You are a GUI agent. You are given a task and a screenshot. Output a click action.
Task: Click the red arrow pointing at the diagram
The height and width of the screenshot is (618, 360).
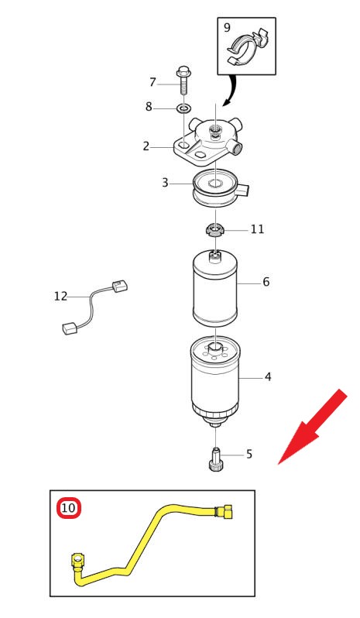coord(312,427)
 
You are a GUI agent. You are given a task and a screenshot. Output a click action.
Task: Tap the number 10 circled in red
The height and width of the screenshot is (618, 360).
coord(69,508)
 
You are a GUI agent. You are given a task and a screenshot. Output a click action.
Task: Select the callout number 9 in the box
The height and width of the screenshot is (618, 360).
coord(227,28)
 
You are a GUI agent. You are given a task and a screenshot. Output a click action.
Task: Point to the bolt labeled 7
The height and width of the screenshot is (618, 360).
coord(183,80)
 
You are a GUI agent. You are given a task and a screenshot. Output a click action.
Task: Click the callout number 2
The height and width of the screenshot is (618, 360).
coord(146,146)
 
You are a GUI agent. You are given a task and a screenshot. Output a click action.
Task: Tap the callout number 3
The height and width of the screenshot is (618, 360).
coord(165,183)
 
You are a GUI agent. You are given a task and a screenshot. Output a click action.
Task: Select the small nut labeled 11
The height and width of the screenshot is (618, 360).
coord(215,229)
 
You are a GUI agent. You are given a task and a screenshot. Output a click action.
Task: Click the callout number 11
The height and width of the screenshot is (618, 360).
coord(258,229)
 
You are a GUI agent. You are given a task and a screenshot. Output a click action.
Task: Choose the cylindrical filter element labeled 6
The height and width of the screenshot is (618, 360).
coord(214,289)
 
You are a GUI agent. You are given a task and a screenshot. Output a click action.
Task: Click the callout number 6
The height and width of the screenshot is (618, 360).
coord(266,282)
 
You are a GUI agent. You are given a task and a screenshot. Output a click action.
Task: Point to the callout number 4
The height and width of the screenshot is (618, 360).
coord(268,377)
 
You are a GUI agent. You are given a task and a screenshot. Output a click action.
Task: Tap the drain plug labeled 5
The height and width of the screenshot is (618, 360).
coord(215,459)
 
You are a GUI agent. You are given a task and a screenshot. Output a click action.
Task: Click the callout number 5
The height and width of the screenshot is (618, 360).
coord(249,455)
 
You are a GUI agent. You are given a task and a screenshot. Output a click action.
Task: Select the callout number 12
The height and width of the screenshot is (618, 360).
coord(60,296)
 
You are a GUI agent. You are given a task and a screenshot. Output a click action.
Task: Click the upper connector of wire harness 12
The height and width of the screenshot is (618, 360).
coord(120,285)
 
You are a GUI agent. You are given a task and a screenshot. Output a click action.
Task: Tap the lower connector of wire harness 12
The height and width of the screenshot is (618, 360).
coord(70,328)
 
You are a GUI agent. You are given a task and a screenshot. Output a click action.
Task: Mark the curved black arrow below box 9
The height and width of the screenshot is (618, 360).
coord(231,91)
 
